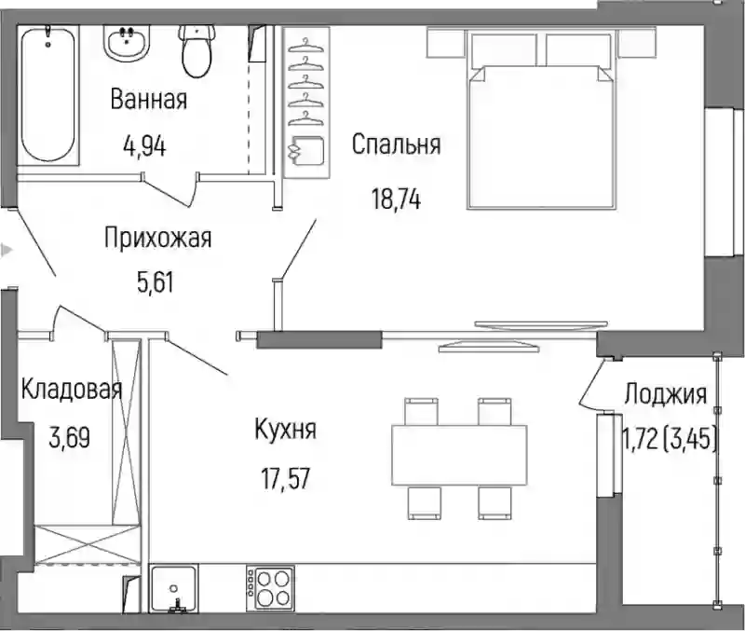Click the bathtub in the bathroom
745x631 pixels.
(x=48, y=95)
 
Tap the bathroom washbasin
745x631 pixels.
(x=127, y=43)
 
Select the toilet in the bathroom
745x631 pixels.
(x=196, y=51)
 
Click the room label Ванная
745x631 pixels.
(x=149, y=100)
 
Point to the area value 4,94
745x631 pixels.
(x=144, y=146)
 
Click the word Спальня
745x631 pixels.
(x=397, y=144)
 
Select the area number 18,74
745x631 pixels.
(x=397, y=199)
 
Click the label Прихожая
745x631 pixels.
(x=157, y=238)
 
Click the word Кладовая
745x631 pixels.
(x=72, y=389)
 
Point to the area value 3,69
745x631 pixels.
(x=69, y=438)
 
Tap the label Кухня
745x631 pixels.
(x=286, y=431)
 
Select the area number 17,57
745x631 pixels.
(x=286, y=478)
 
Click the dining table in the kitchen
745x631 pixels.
(x=459, y=456)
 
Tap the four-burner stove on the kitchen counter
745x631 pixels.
(x=270, y=589)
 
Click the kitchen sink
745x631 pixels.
(x=174, y=589)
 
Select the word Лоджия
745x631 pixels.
(x=665, y=394)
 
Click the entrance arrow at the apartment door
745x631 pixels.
(x=6, y=250)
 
